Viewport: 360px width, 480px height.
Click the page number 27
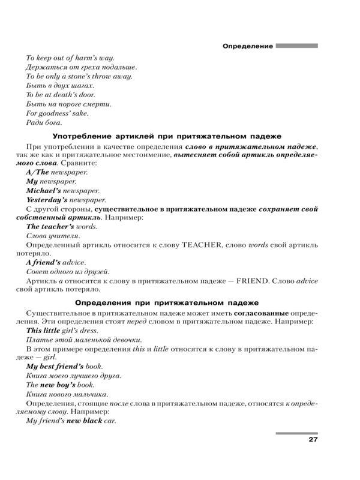click(x=312, y=441)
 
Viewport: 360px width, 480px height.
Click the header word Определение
click(x=247, y=46)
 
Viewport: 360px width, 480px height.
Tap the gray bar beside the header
click(x=297, y=45)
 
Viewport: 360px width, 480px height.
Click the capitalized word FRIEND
click(x=257, y=281)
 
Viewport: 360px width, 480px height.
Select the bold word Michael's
click(x=44, y=190)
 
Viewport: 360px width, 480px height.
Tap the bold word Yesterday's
click(x=49, y=200)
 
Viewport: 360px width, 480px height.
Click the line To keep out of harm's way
click(x=71, y=58)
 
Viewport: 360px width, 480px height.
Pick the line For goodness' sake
click(x=57, y=113)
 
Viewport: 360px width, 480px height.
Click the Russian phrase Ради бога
click(x=44, y=122)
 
